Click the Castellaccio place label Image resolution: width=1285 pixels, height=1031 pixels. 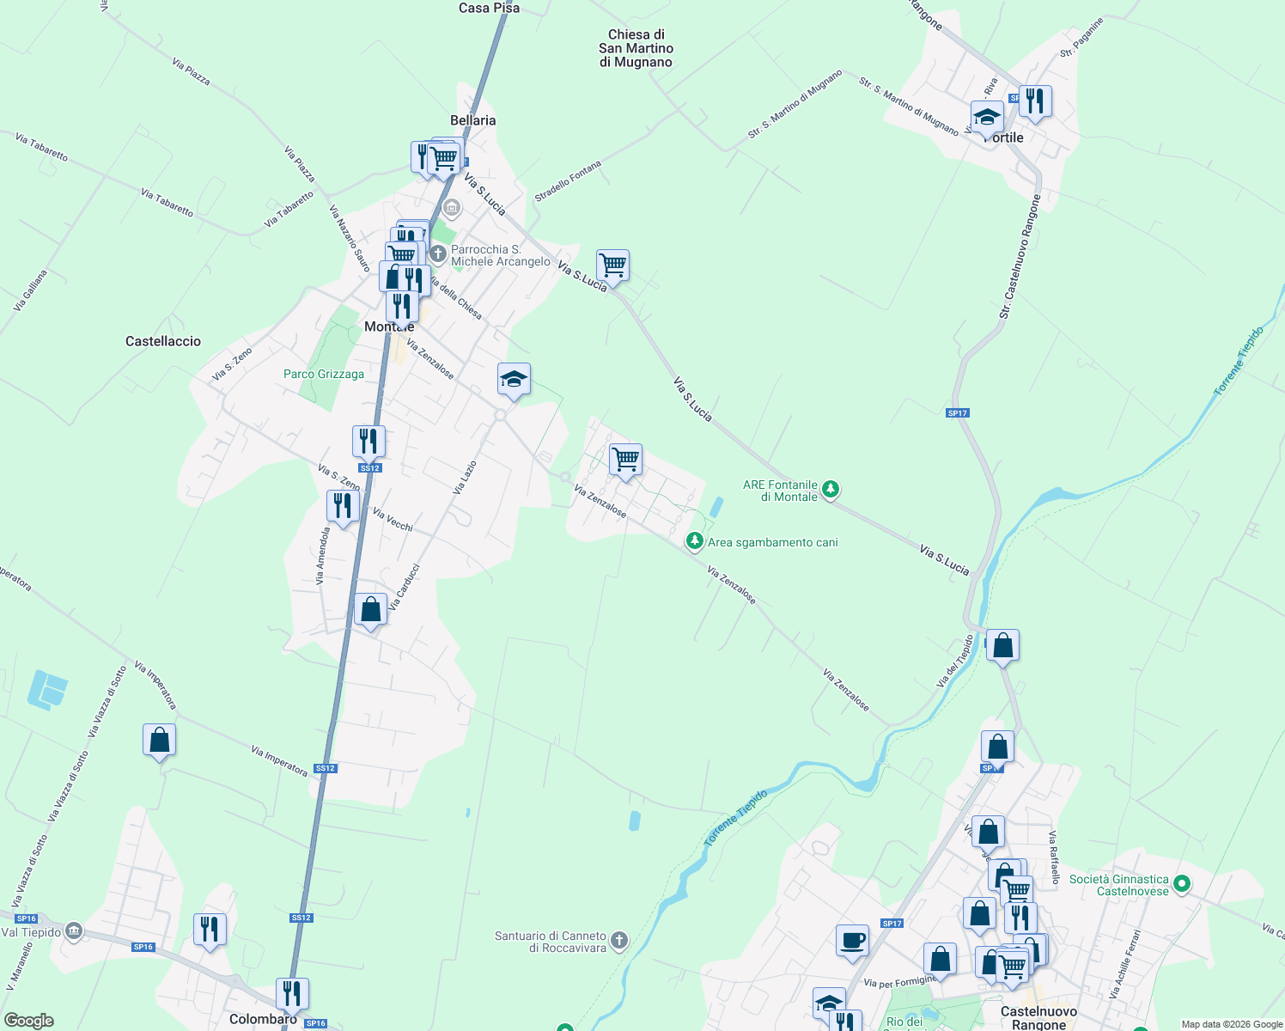pos(163,341)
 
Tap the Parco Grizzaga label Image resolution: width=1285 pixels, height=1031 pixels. pos(324,374)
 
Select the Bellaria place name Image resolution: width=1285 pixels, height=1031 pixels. pos(472,120)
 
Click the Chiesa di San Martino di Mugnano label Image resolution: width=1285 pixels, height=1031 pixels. pos(636,48)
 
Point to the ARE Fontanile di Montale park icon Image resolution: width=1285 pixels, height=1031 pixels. pos(830,490)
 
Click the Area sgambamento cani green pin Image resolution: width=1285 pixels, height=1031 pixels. pos(694,541)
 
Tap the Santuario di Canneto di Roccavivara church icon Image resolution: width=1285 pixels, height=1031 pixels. pos(619,941)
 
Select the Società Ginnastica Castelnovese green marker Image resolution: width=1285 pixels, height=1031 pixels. pos(1182,883)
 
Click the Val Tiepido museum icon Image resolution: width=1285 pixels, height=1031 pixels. pos(74,930)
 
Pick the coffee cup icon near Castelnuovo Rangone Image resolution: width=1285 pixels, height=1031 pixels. pos(852,940)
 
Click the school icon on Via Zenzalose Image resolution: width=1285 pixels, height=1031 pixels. pos(514,379)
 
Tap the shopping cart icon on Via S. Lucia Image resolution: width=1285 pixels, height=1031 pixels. pos(612,265)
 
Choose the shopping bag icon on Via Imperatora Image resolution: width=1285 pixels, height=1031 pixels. pos(160,740)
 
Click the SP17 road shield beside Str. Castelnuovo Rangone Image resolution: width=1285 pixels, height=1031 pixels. pos(957,413)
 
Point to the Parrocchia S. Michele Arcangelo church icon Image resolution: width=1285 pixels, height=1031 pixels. pos(438,253)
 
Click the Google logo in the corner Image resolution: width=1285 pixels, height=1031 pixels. pos(28,1021)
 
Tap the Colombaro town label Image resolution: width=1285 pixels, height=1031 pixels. pos(263,1019)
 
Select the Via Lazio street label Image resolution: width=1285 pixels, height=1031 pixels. pos(465,478)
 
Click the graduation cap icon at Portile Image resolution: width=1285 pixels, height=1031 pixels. pos(987,117)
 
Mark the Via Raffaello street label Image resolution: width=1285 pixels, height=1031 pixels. pos(1054,857)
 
